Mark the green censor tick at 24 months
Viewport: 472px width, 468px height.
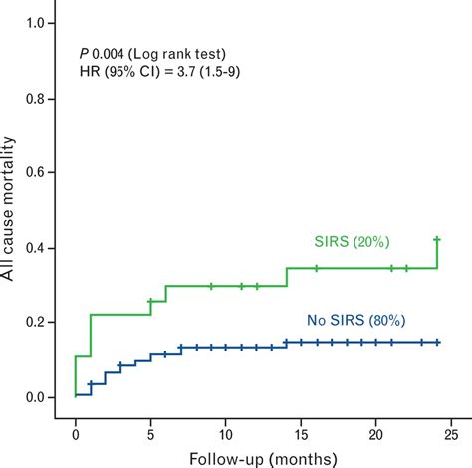click(x=436, y=239)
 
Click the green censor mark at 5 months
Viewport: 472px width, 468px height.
click(x=150, y=301)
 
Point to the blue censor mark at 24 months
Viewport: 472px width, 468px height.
click(x=436, y=342)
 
